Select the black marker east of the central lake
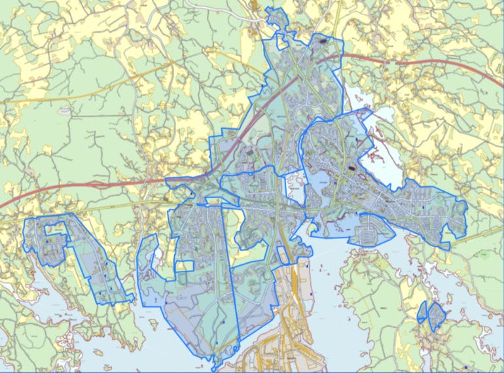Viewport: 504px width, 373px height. click(354, 168)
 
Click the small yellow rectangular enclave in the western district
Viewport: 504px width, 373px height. click(185, 266)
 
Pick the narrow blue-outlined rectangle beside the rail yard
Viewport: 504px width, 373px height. click(283, 255)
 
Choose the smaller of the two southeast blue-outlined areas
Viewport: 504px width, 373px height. click(422, 313)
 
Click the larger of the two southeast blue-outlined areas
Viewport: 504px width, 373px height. click(435, 315)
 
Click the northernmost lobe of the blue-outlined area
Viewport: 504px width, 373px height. click(275, 16)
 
